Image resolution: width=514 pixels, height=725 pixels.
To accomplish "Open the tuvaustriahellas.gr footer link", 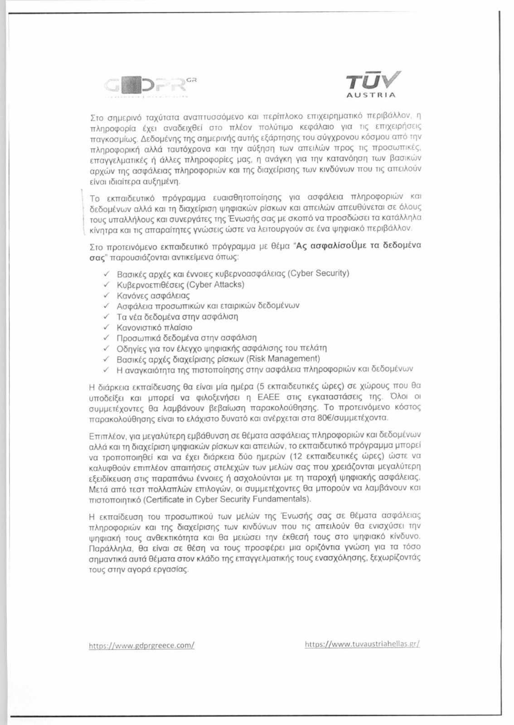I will tap(363, 644).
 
